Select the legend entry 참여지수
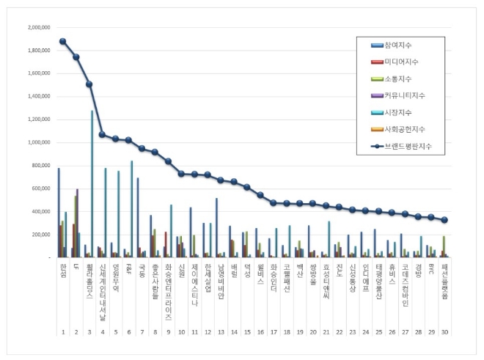(401, 46)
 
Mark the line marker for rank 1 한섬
(62, 41)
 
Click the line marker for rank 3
(89, 84)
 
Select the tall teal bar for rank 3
(92, 183)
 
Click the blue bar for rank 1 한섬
(59, 213)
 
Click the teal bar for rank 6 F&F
(132, 209)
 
